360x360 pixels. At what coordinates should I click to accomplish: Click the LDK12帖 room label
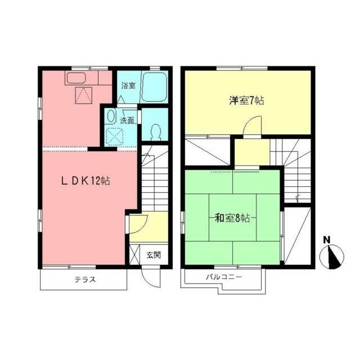(x=85, y=181)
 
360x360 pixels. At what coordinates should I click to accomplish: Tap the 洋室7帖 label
(x=246, y=101)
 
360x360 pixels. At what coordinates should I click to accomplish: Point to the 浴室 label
(x=128, y=86)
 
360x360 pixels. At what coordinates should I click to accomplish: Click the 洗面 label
(x=127, y=120)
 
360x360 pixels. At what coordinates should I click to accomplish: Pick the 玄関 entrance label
(x=154, y=255)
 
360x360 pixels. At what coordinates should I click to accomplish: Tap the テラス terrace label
(x=85, y=280)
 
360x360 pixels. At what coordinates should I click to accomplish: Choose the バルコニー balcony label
(x=223, y=277)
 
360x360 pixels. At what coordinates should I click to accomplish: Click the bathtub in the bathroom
(x=155, y=87)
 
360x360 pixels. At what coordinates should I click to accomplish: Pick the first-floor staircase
(x=153, y=180)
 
